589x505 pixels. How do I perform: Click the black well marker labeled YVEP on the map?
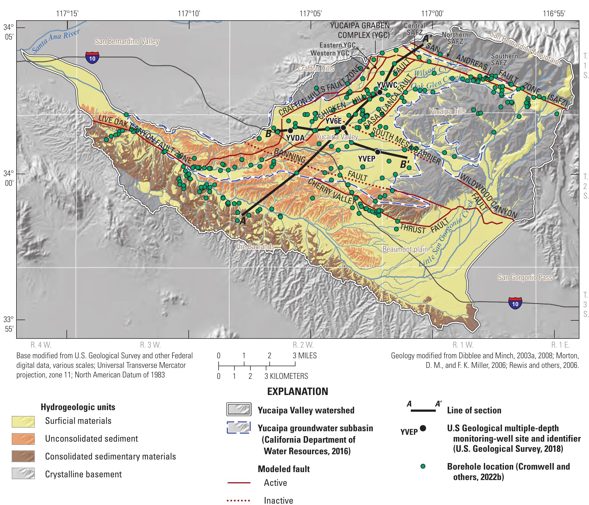tap(378, 152)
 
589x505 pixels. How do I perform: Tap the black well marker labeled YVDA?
tap(290, 131)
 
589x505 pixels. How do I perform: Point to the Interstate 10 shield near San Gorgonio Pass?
tap(515, 303)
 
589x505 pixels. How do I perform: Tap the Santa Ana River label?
tap(56, 42)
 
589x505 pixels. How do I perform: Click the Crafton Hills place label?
tap(316, 69)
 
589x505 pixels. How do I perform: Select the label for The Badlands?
tap(255, 247)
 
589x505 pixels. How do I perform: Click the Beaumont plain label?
tap(405, 249)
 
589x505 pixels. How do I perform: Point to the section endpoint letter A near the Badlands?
tap(242, 221)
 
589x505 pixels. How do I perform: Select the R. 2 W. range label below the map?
tap(303, 345)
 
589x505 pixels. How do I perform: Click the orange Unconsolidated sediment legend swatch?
tap(23, 439)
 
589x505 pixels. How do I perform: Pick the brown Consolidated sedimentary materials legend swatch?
tap(23, 456)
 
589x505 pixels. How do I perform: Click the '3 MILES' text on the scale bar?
tap(305, 355)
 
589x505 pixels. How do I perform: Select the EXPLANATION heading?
tap(297, 391)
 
